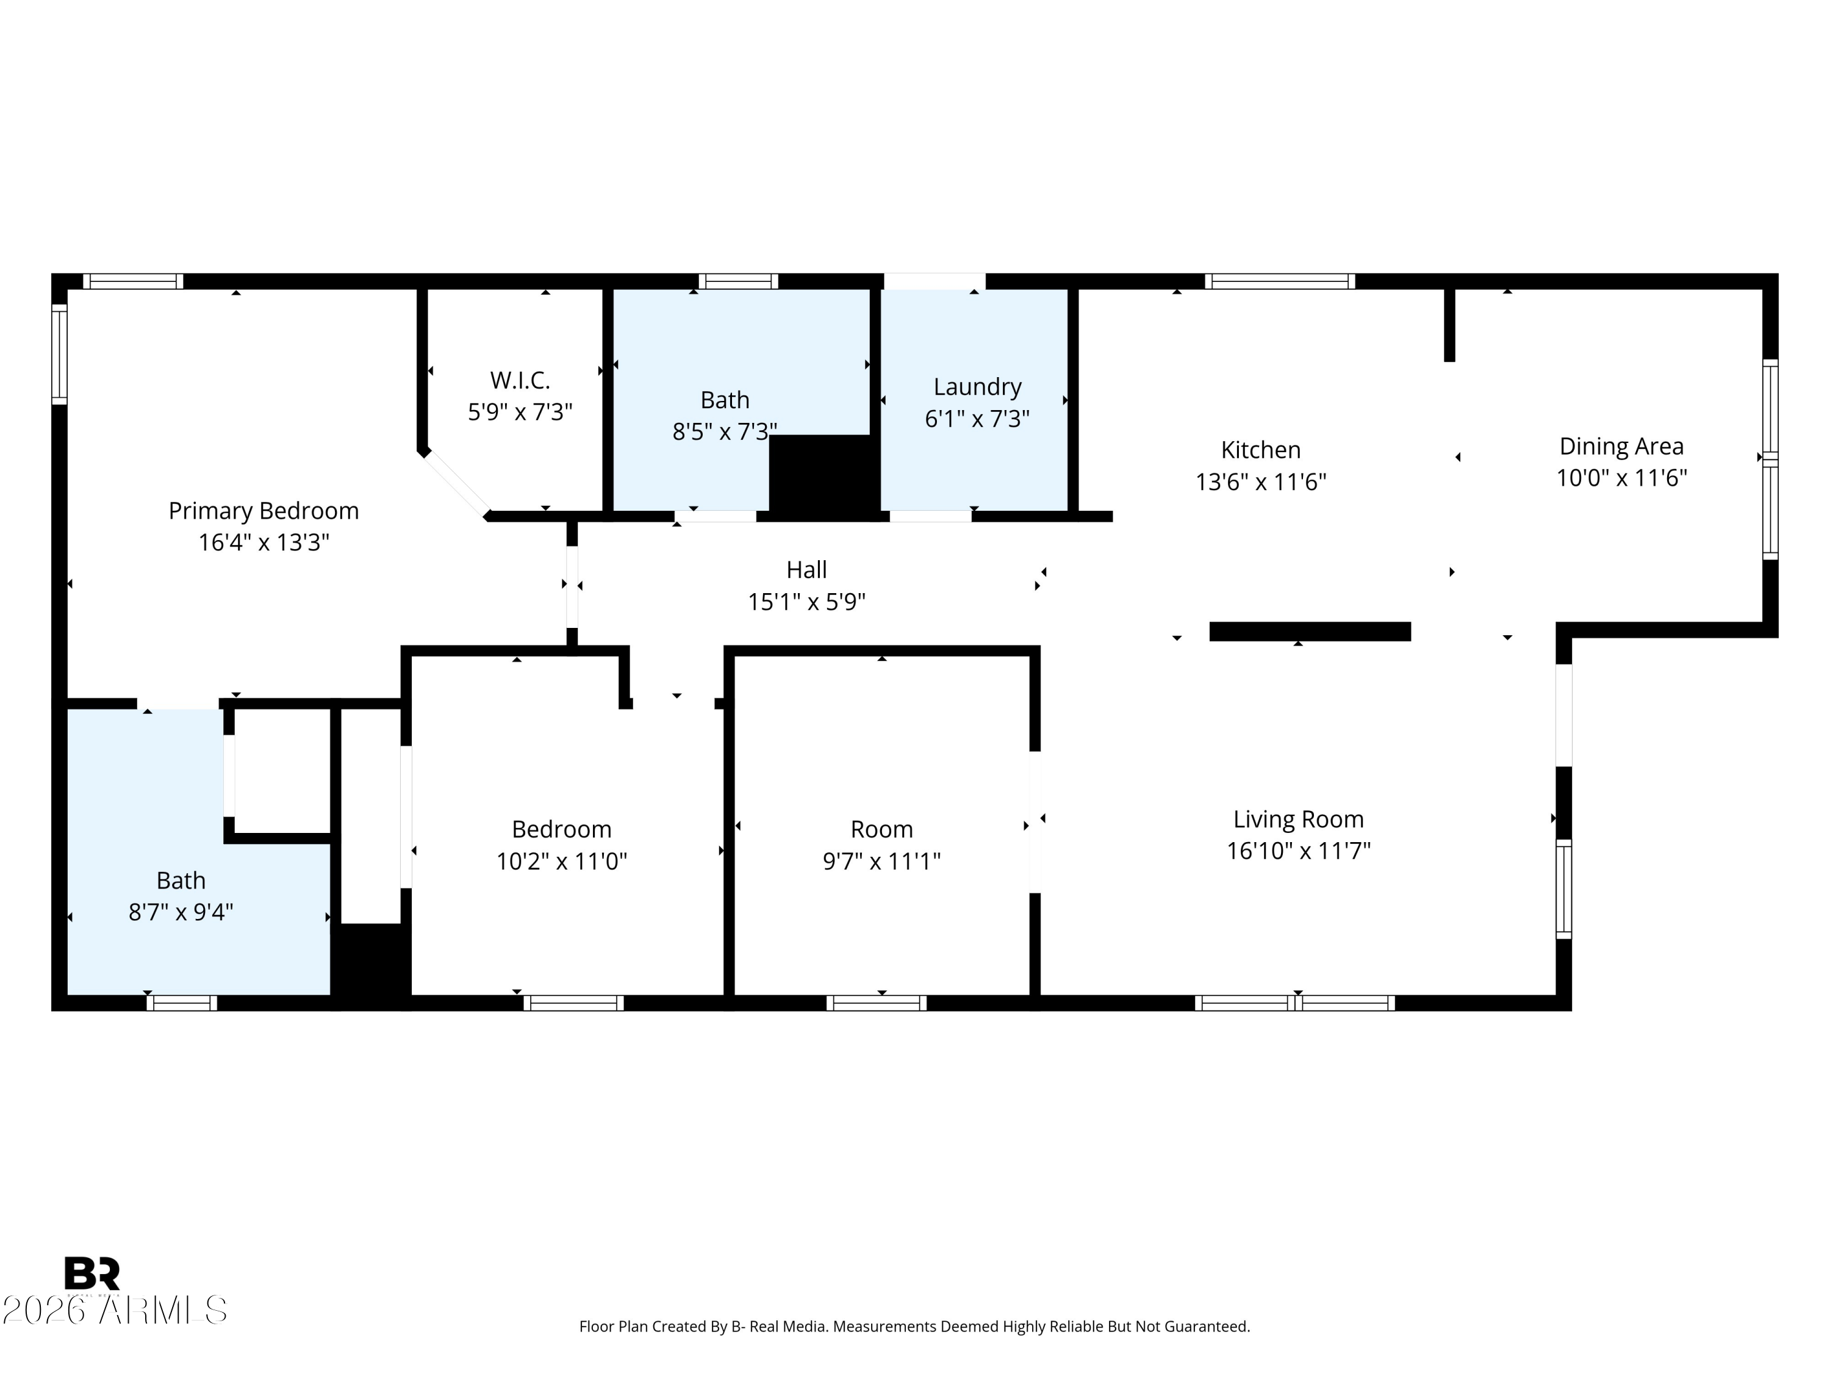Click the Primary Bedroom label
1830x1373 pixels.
pos(263,511)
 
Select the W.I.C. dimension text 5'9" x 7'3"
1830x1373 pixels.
pos(520,412)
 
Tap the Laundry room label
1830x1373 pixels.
pos(977,386)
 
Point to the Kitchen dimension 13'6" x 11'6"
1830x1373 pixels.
pos(1260,481)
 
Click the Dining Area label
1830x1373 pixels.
pos(1621,446)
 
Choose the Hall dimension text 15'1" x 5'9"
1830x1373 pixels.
pos(806,602)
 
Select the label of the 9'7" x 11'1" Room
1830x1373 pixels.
pos(881,829)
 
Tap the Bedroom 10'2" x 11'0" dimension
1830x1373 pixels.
pos(561,862)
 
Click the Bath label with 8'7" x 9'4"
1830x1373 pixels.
pos(181,880)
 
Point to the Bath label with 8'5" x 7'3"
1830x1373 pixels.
pos(725,400)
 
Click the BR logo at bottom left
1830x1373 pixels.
pos(92,1273)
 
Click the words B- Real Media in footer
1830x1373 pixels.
pos(778,1327)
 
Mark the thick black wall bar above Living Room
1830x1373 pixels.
pos(1310,632)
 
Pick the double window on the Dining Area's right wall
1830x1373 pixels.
pos(1770,459)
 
